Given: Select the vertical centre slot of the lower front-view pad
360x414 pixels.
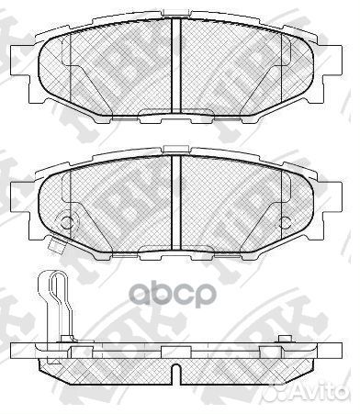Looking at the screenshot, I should pos(175,200).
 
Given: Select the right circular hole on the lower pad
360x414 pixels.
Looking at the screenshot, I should pos(287,221).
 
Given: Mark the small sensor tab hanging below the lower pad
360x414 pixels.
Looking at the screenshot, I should pos(55,244).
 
